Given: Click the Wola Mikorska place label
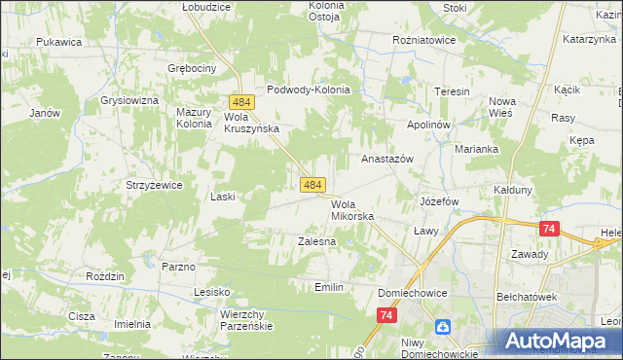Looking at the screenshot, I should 352,210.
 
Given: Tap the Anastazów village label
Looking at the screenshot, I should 387,158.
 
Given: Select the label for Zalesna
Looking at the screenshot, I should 316,240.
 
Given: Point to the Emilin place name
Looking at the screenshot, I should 330,287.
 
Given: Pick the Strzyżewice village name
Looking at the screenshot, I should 148,184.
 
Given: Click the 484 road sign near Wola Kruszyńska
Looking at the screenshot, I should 242,102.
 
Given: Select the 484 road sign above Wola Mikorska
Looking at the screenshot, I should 312,184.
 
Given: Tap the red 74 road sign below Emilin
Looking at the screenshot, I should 387,315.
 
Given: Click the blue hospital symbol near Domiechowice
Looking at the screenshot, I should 443,327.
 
